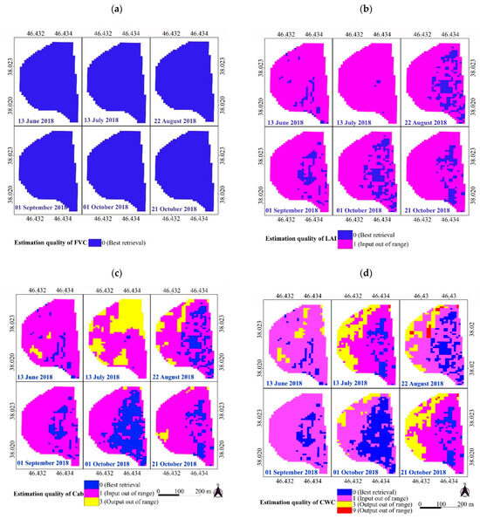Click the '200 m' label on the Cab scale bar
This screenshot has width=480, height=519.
pos(203,491)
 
